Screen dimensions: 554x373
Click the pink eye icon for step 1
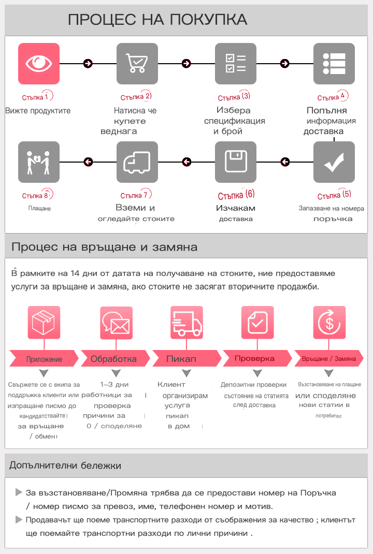tap(39, 64)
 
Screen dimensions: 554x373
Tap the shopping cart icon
tap(137, 64)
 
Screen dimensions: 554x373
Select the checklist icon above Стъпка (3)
tap(236, 64)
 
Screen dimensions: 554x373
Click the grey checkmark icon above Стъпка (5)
tap(334, 162)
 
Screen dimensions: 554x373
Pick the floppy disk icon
tap(236, 162)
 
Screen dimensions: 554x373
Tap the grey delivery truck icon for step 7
tap(137, 162)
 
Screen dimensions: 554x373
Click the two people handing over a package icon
tap(39, 162)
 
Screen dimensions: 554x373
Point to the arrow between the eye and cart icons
tap(88, 64)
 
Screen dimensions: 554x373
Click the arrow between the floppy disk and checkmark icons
tap(285, 162)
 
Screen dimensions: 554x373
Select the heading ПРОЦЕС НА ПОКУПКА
tap(157, 20)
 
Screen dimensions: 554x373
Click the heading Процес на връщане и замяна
tap(104, 246)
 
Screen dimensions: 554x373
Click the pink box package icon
tap(44, 323)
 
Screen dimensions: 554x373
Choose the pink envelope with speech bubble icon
tap(116, 323)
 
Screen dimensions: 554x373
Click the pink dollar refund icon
tap(329, 323)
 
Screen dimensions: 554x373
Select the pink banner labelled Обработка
tap(113, 358)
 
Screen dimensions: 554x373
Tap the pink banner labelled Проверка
tap(254, 358)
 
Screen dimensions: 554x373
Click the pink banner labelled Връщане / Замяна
tap(328, 358)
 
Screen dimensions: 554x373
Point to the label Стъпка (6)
tap(236, 195)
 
